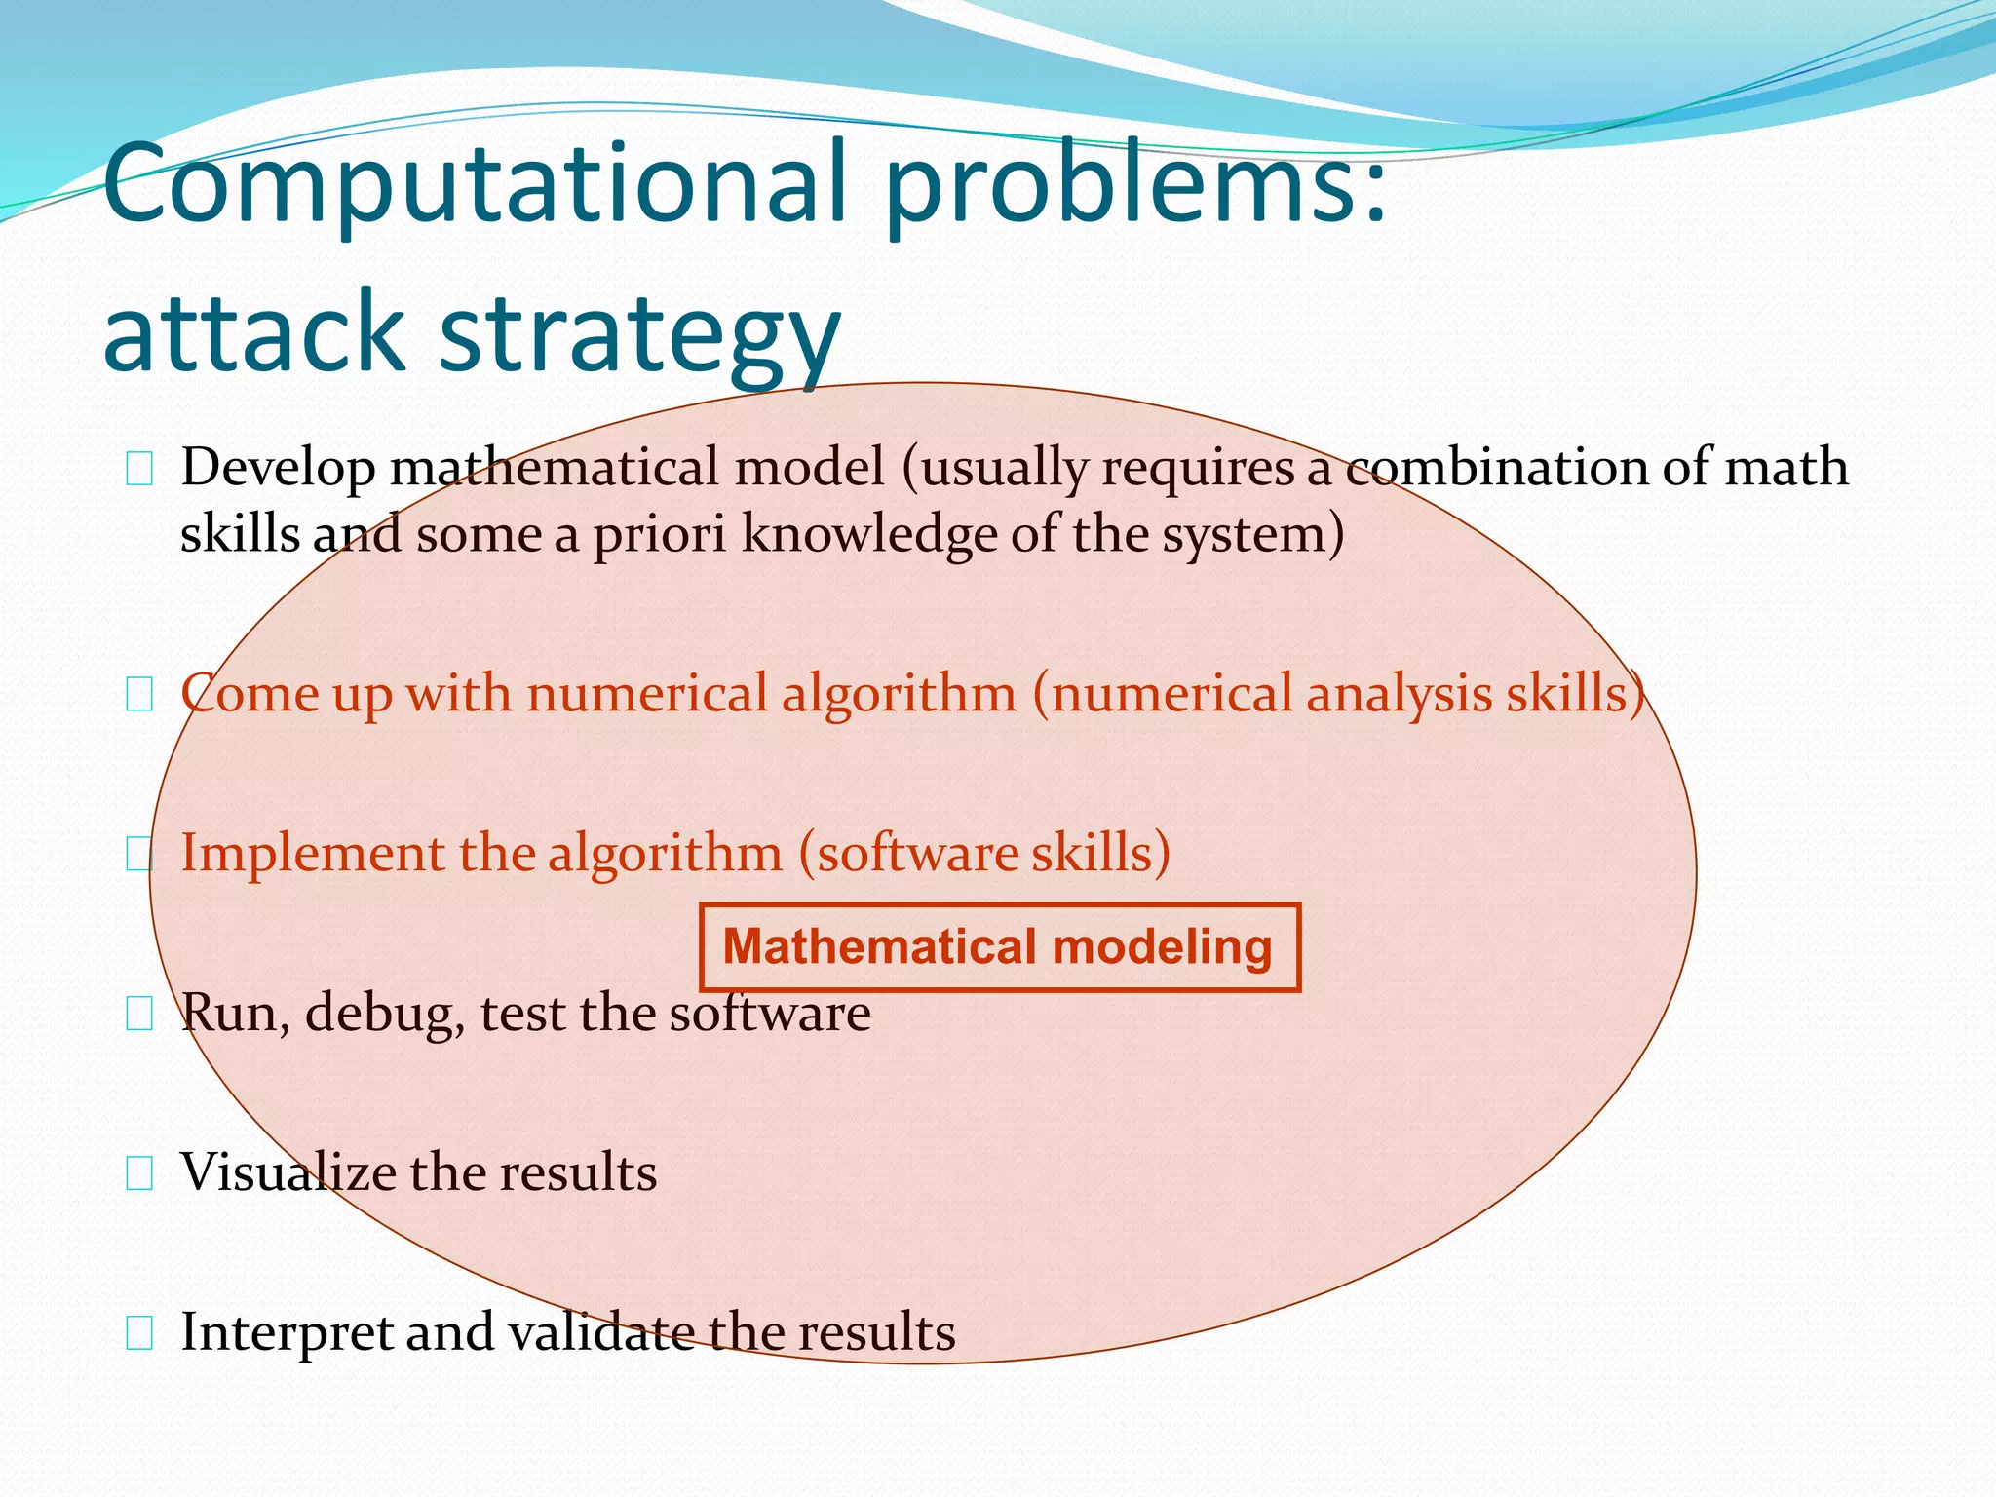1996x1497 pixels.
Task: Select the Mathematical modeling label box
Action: click(999, 947)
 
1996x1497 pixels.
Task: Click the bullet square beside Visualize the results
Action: click(139, 1175)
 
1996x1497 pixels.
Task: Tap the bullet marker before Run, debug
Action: click(139, 1016)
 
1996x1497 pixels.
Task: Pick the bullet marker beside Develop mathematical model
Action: click(139, 472)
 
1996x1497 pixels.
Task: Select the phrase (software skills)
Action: click(984, 854)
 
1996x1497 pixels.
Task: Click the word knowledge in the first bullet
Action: click(867, 534)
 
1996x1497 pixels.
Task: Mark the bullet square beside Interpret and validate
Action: click(139, 1334)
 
